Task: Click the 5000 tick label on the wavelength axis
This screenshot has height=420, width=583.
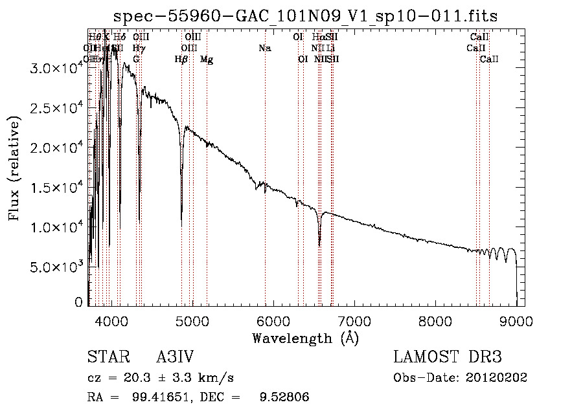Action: click(x=192, y=320)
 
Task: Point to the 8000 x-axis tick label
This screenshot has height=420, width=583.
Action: click(x=435, y=320)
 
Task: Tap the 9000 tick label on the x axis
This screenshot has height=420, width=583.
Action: click(x=516, y=320)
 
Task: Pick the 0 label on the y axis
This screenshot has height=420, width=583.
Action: click(x=79, y=302)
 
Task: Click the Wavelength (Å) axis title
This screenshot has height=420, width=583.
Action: click(x=305, y=338)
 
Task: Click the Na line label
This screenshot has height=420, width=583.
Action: click(x=264, y=48)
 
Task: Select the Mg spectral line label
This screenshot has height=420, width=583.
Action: click(x=207, y=60)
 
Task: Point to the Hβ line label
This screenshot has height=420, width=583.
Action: click(x=181, y=60)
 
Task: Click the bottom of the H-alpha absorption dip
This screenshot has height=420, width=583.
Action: click(x=319, y=245)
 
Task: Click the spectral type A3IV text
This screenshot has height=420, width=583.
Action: click(x=175, y=357)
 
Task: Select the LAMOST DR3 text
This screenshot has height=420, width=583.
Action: click(x=448, y=357)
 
